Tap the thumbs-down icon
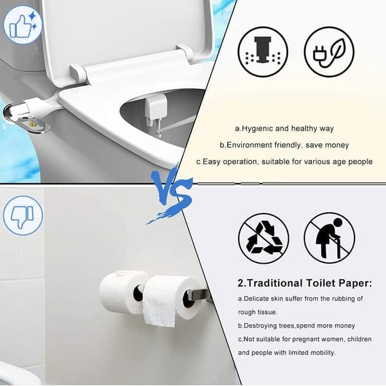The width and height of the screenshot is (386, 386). click(23, 215)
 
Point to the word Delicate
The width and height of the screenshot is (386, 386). click(260, 299)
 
